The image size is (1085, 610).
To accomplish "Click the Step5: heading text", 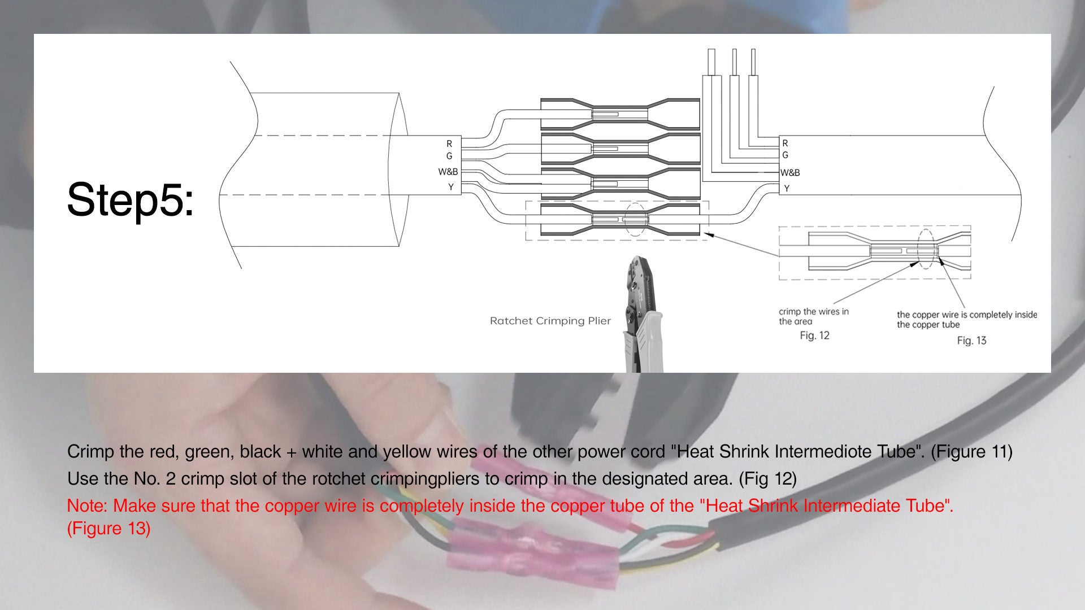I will (131, 200).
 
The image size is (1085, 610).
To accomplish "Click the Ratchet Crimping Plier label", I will (550, 321).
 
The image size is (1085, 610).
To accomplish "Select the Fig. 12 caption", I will (814, 335).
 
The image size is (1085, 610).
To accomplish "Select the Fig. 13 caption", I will (971, 341).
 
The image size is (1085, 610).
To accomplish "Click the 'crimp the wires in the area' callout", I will (813, 316).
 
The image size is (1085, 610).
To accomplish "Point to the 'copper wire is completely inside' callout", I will (966, 320).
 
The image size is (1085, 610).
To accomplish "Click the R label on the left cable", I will (449, 143).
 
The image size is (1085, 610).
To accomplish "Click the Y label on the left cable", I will (450, 187).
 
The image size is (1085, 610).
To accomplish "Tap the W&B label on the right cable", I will (790, 173).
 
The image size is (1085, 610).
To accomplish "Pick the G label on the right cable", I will (785, 155).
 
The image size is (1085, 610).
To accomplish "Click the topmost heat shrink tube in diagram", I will (619, 115).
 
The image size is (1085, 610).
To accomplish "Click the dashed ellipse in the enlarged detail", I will (926, 249).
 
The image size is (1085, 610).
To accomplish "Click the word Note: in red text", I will (88, 506).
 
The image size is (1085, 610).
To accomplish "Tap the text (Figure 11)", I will (971, 452).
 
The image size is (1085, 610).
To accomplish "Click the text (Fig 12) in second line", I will (767, 479).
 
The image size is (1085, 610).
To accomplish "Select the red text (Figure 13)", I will (108, 529).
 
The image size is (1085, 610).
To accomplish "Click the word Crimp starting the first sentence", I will (90, 452).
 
